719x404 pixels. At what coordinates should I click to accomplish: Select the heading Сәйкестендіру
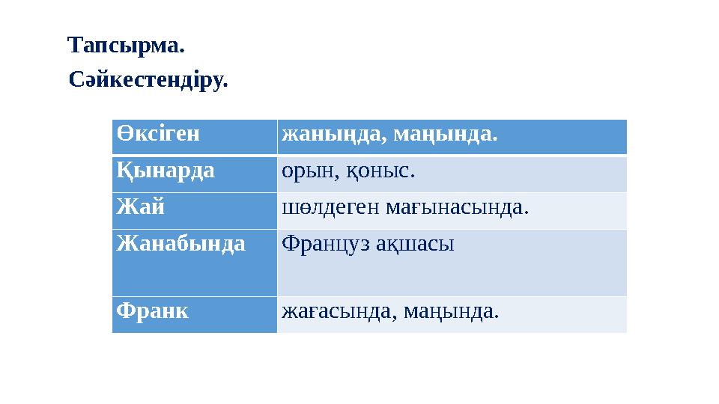pos(148,79)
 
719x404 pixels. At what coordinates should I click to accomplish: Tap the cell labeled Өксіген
pos(159,135)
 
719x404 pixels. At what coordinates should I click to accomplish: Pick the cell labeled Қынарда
pos(166,171)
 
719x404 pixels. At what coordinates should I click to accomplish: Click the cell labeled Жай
pos(140,206)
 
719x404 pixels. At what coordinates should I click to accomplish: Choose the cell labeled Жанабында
pos(180,243)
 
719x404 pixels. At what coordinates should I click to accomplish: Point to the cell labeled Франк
pos(151,310)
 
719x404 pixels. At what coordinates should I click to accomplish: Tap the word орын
pos(304,171)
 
